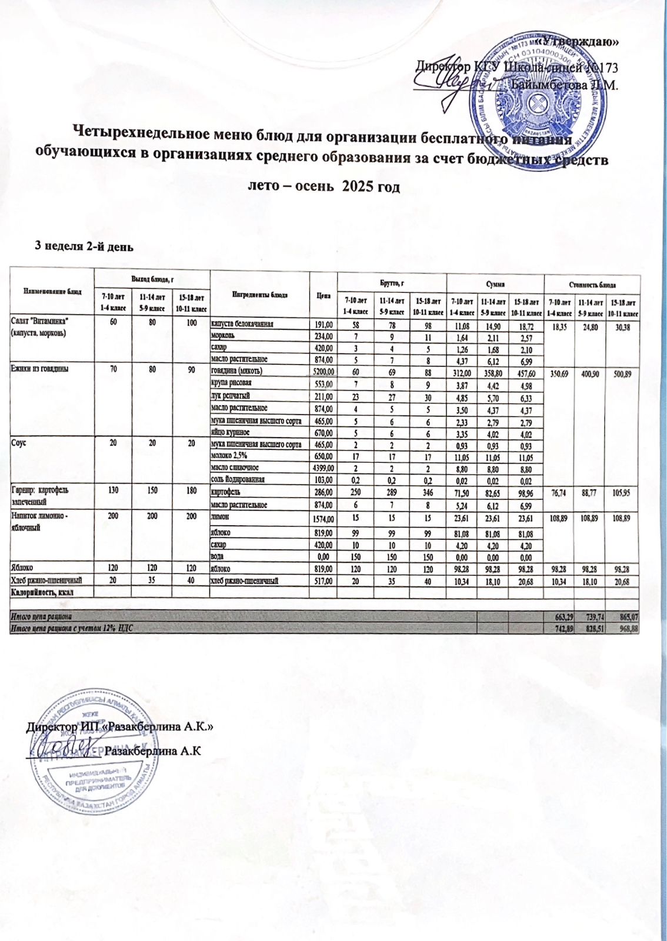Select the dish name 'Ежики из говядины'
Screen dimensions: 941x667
(x=39, y=369)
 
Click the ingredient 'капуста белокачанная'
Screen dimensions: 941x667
(x=242, y=324)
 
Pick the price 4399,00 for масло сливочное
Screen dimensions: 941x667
(x=323, y=468)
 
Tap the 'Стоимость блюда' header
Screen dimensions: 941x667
(x=591, y=284)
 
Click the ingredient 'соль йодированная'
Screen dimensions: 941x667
(x=238, y=480)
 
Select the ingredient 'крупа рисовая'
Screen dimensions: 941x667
(x=231, y=383)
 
